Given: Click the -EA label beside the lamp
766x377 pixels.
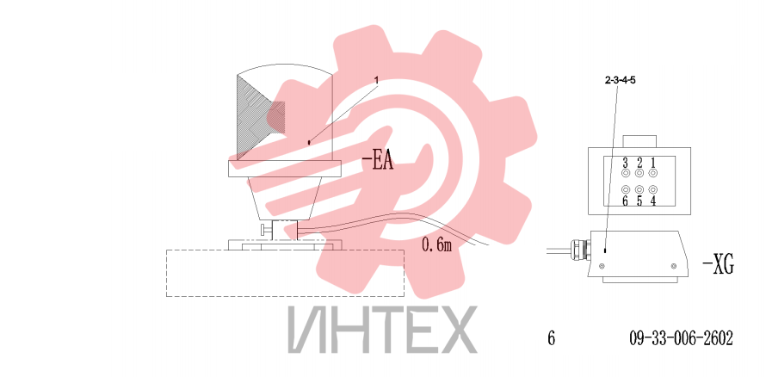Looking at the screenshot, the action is pos(378,162).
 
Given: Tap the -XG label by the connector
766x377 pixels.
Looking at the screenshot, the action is pos(718,265).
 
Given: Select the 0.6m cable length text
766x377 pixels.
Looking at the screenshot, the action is pos(436,244).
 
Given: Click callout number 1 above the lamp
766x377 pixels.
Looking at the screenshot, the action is pos(377,79).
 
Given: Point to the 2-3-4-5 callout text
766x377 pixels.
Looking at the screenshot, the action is pos(621,81).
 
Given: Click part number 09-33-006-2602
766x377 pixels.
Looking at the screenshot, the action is pos(681,337).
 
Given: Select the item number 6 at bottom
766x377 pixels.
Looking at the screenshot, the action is pos(552,337).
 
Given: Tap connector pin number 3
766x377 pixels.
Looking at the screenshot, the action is pos(625,162).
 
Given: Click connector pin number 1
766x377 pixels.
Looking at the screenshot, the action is pos(652,162).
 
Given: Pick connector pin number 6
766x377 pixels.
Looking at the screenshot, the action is pos(625,201).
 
